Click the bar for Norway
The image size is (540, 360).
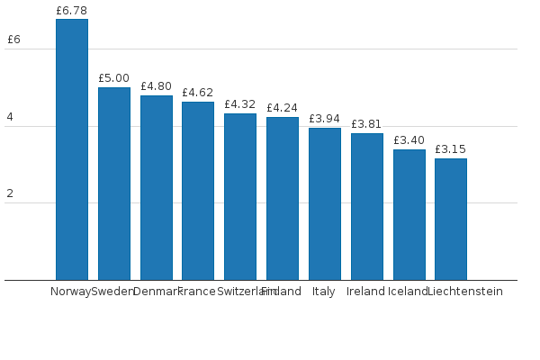coord(72,149)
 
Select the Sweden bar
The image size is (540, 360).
coord(114,184)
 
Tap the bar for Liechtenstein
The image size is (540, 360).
coord(451,219)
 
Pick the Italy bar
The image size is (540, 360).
coord(325,203)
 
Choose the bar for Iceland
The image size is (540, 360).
coord(409,214)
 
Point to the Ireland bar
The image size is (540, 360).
coord(367,206)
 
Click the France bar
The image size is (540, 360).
coord(198,191)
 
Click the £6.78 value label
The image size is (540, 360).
coord(72,11)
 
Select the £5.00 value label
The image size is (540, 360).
coord(114,78)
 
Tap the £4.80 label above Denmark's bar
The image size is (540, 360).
coord(156,86)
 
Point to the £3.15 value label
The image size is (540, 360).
coord(451,149)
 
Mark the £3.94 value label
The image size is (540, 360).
coord(325,119)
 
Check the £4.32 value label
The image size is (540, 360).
coord(240,104)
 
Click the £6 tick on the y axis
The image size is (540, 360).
coord(13,40)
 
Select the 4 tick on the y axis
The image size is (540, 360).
coord(10,117)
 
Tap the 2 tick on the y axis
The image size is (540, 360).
coord(10,193)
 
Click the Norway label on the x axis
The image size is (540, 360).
coord(70,292)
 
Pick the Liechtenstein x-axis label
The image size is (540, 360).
coord(465,292)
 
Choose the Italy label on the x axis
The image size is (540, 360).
coord(324,292)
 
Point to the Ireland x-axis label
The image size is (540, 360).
coord(365,292)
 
